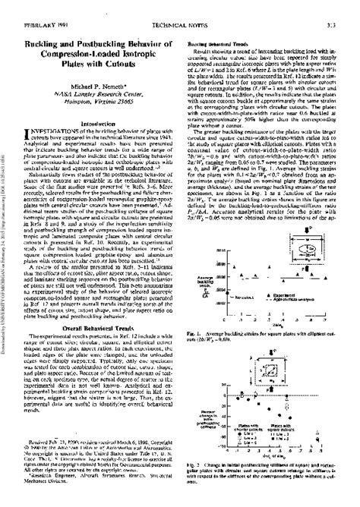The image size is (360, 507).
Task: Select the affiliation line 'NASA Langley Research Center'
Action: (96, 78)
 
